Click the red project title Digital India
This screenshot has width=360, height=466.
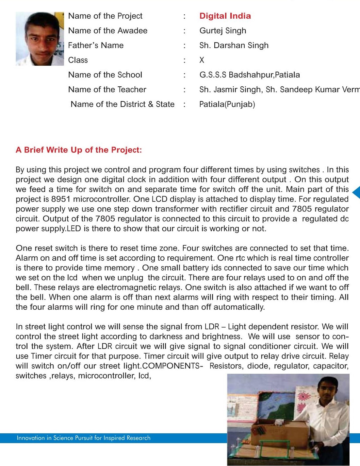tap(225, 16)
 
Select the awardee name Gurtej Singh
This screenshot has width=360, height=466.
tap(223, 31)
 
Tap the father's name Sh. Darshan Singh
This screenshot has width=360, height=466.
tap(234, 45)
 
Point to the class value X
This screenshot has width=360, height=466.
tap(202, 60)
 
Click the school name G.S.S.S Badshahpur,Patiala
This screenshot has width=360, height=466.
tap(250, 75)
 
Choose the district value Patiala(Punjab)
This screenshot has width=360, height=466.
tap(227, 104)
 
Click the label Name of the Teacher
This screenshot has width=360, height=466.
tap(107, 90)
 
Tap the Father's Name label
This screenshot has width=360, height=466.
tap(96, 45)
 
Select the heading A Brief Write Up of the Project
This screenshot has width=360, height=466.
tap(79, 150)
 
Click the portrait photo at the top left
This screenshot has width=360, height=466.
tap(40, 39)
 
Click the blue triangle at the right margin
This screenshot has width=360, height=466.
tap(356, 192)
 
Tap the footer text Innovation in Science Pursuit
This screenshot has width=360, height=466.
tap(84, 438)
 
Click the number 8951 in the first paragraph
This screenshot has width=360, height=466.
tap(61, 199)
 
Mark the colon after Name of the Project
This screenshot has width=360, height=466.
tap(185, 16)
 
